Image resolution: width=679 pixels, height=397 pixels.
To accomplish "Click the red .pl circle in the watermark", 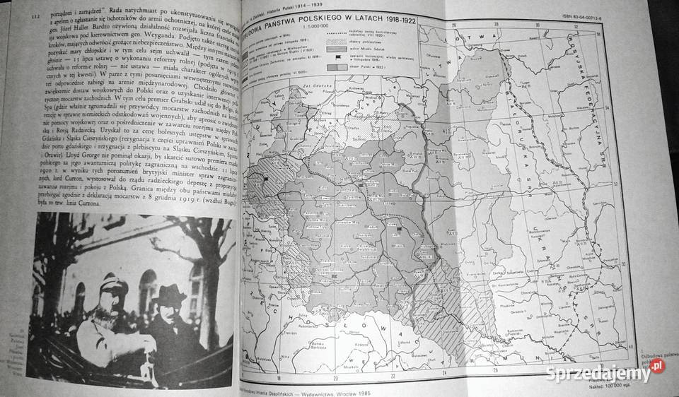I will pos(658,366).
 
